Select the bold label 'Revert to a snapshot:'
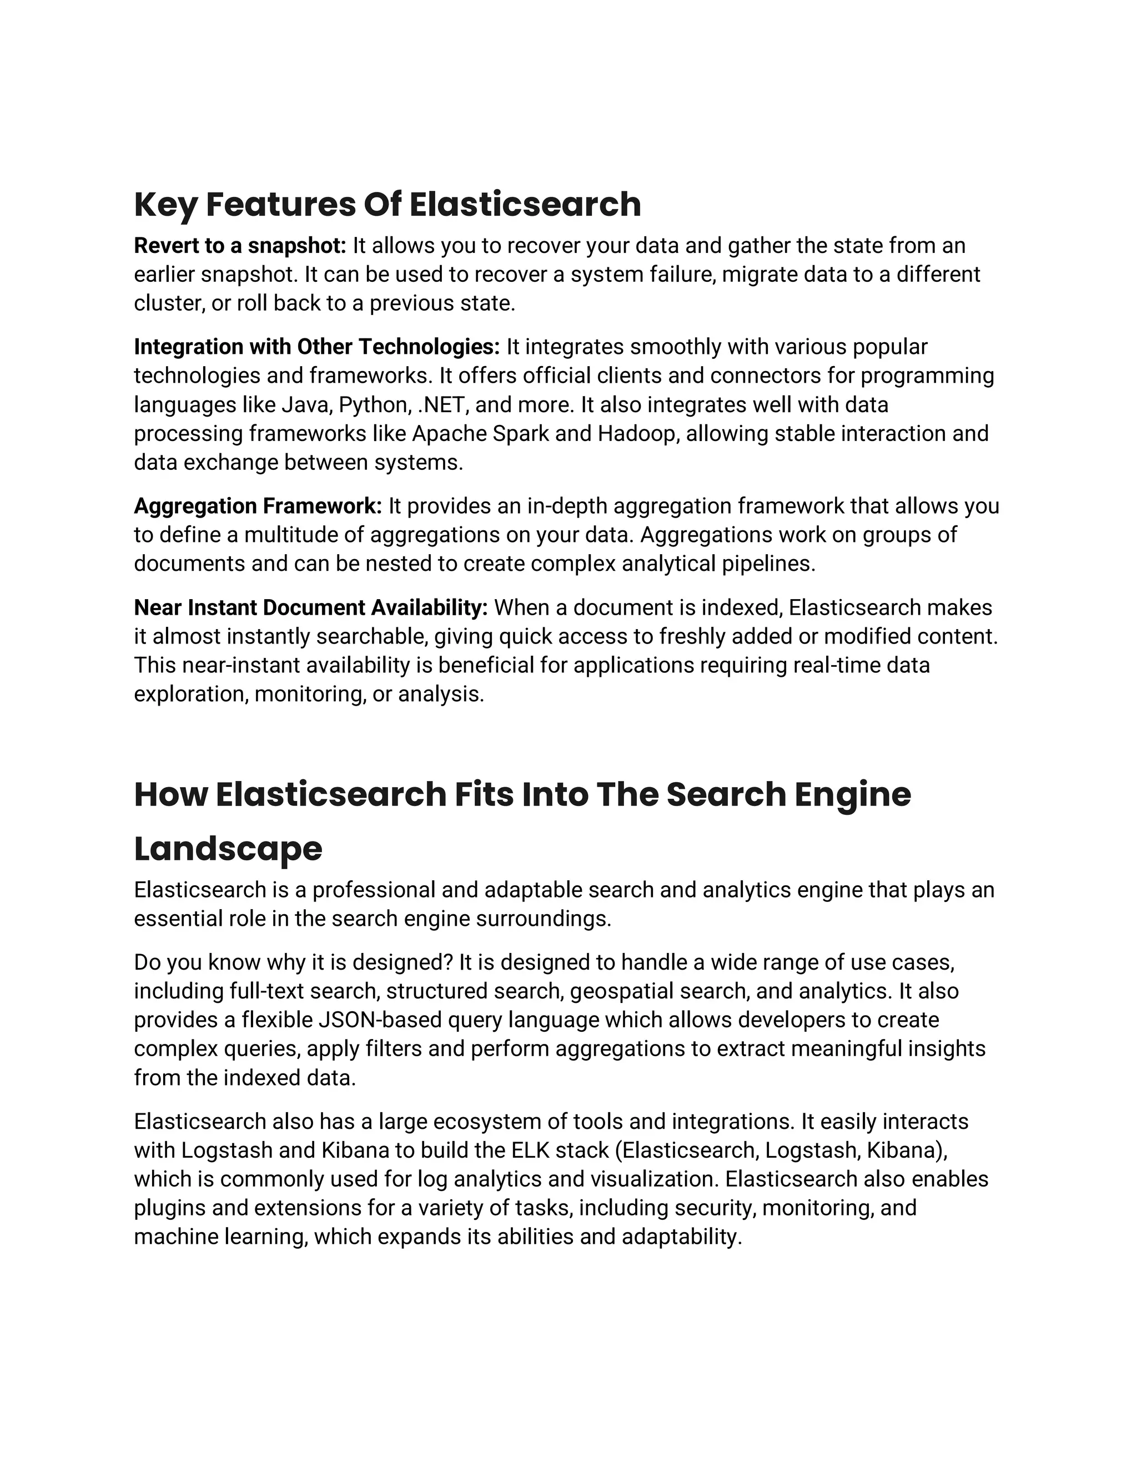pos(240,246)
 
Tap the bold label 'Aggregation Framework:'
pos(258,505)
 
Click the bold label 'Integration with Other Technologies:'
pos(316,347)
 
